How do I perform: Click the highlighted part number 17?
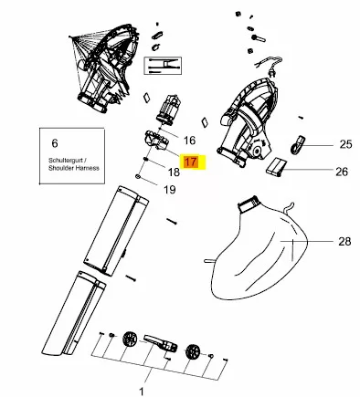click(x=191, y=162)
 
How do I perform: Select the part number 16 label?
click(x=189, y=141)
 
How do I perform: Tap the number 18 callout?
click(x=174, y=172)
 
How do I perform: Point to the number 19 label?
click(x=170, y=190)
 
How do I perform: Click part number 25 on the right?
click(x=345, y=144)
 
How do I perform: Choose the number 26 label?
click(x=342, y=172)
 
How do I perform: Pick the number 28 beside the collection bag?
click(x=344, y=242)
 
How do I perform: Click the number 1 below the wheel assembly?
click(x=142, y=392)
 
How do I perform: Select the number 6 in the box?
click(x=55, y=143)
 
